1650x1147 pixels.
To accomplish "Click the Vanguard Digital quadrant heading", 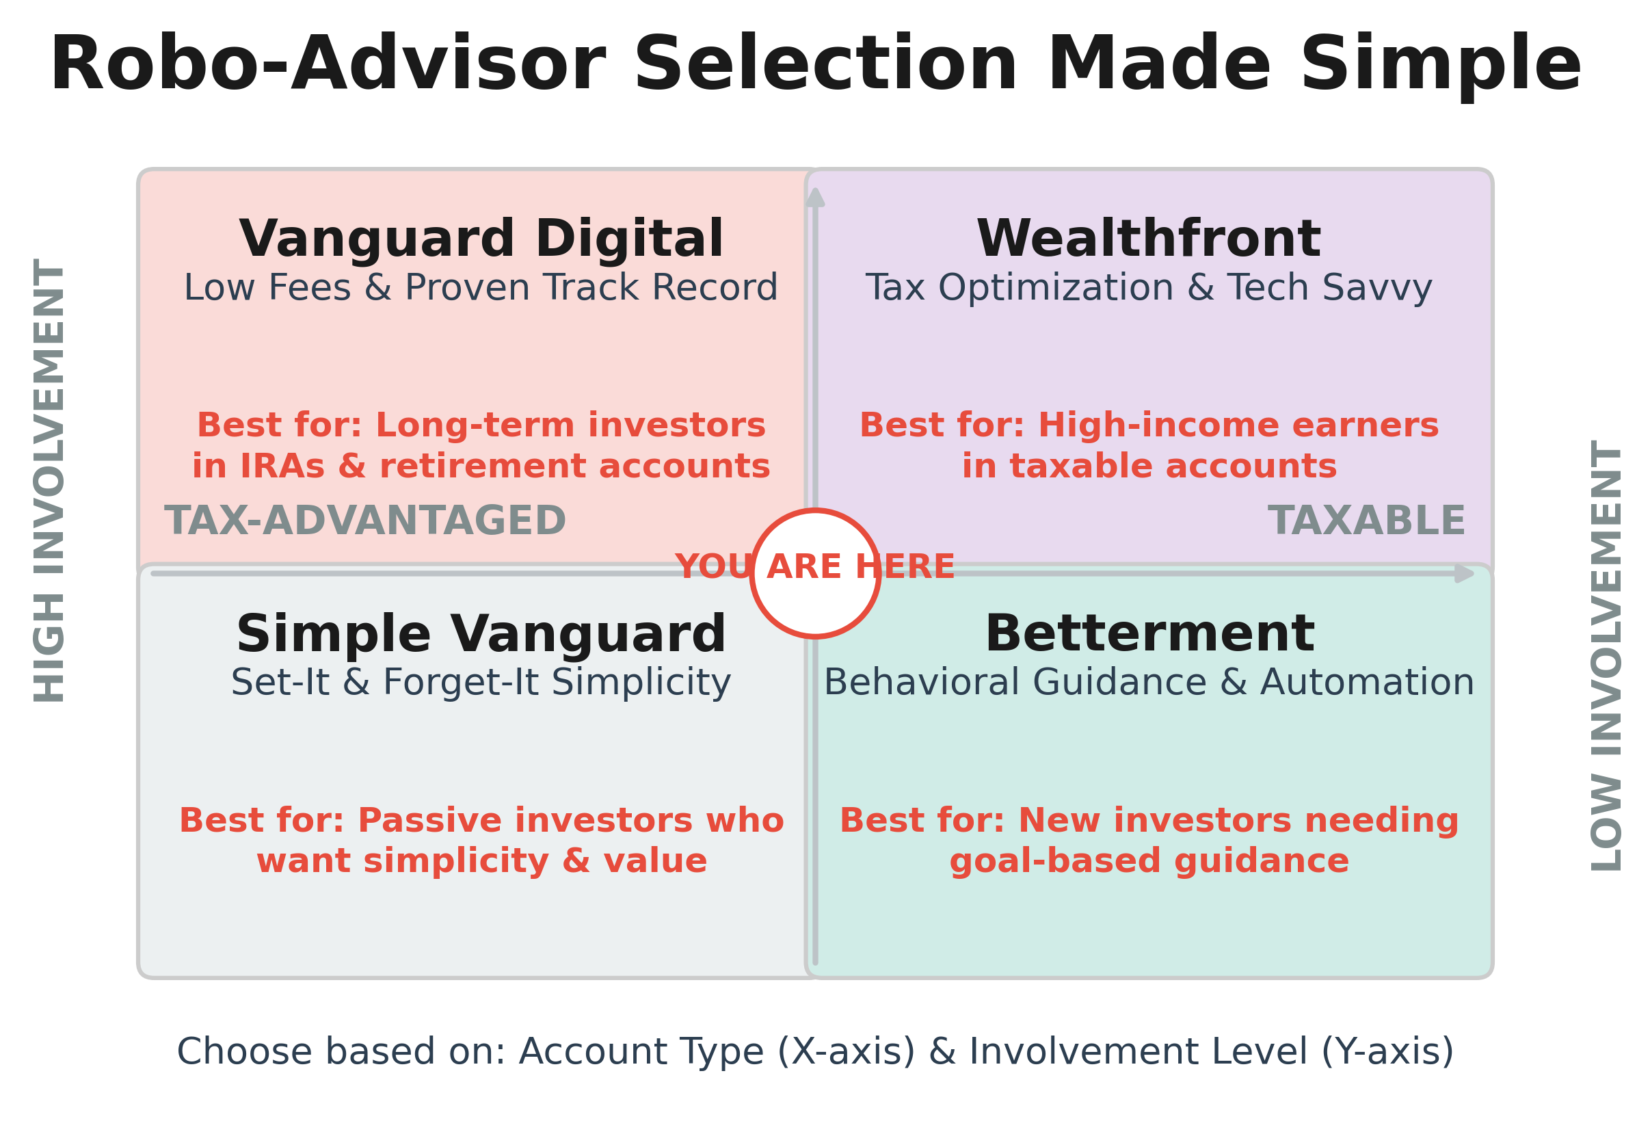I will coord(481,239).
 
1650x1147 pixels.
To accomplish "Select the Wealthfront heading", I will coord(1147,239).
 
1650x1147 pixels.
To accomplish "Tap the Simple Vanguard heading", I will coord(481,634).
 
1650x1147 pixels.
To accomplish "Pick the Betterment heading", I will coord(1149,634).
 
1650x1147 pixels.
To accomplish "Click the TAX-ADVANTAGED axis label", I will coord(365,521).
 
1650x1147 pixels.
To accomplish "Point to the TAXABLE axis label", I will coord(1366,521).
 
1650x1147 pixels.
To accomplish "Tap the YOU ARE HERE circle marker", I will coord(814,573).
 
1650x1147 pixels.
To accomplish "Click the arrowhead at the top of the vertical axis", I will coord(814,198).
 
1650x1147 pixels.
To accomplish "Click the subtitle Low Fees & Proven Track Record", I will coord(481,288).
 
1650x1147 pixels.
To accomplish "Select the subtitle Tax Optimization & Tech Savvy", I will coord(1148,288).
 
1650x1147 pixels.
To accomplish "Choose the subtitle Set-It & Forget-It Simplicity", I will coord(481,683).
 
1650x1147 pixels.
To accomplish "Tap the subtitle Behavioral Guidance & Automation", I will coord(1148,683).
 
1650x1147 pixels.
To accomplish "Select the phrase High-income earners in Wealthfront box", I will coord(1238,425).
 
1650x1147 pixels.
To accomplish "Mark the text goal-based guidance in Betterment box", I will coord(1149,861).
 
